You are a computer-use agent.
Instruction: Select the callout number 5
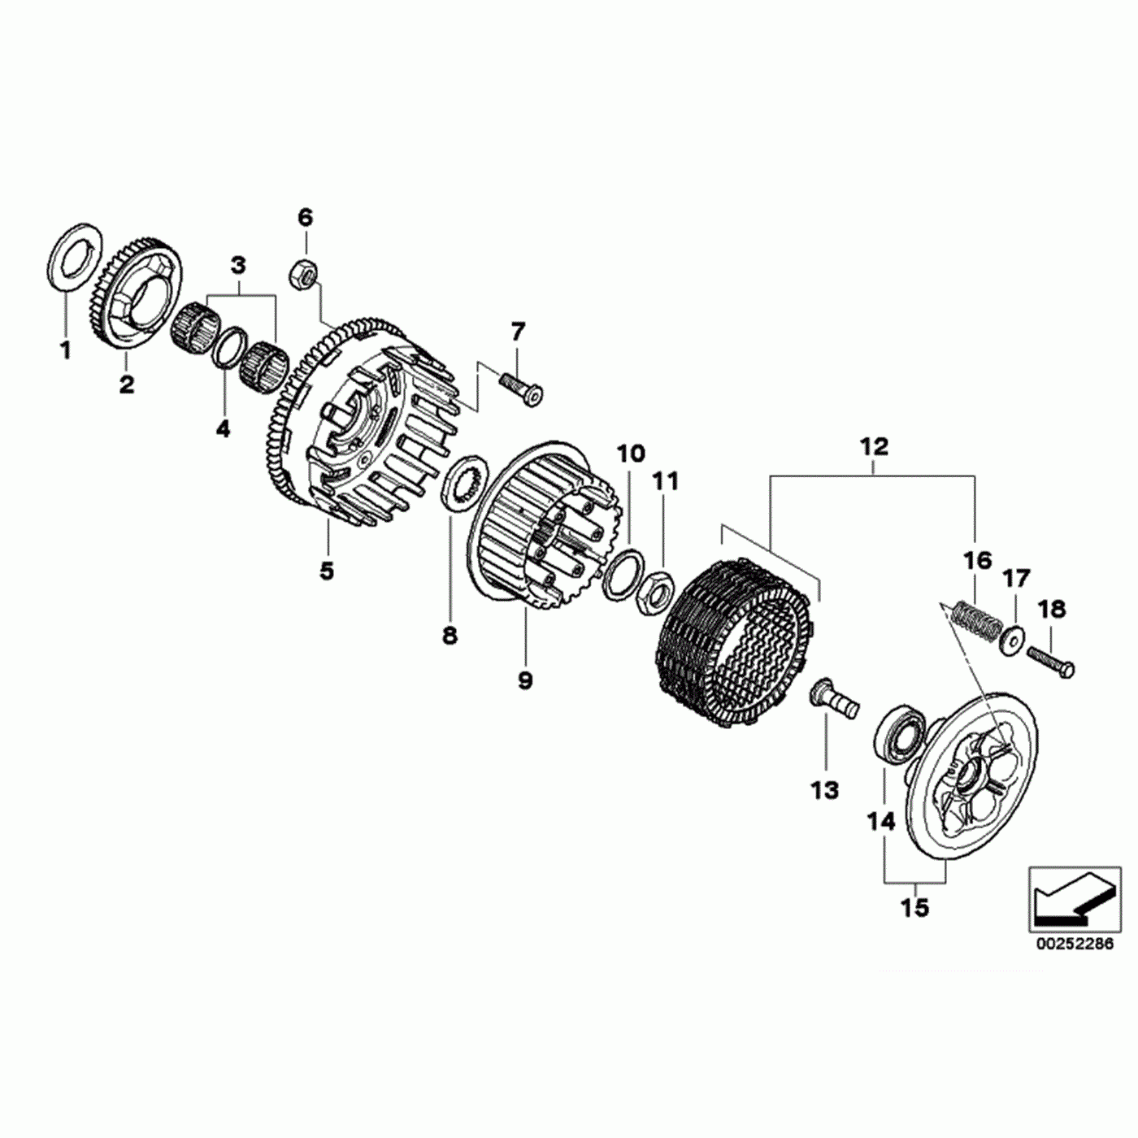[327, 571]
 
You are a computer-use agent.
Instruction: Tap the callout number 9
[525, 680]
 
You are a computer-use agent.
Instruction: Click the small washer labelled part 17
[1012, 640]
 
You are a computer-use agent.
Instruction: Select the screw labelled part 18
[1051, 662]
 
